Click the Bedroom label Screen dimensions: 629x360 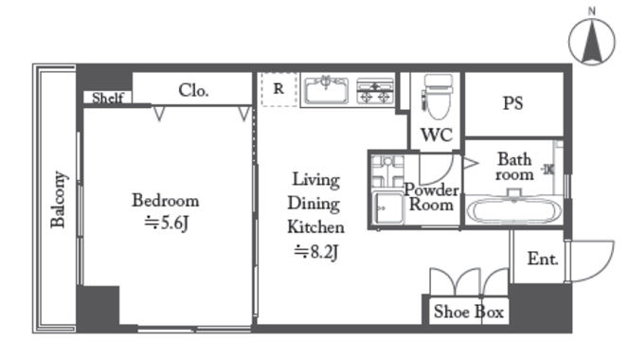tap(165, 200)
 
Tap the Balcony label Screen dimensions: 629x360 tap(58, 200)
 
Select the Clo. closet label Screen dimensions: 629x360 tap(193, 90)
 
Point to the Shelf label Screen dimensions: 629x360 tap(107, 98)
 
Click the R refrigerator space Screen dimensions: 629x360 tap(279, 89)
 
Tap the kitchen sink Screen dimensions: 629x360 tap(326, 90)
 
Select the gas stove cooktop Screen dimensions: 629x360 tap(375, 91)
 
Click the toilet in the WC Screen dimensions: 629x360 tap(437, 97)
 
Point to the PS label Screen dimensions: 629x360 tap(513, 103)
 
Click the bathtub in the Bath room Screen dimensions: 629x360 tap(514, 210)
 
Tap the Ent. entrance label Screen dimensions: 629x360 tap(543, 259)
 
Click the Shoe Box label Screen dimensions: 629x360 tap(469, 312)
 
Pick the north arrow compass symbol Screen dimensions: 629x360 tap(592, 42)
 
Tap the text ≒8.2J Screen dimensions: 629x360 tap(316, 252)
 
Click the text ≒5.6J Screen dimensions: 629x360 tap(166, 223)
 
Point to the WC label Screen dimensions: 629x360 tap(437, 135)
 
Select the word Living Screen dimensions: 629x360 tap(316, 179)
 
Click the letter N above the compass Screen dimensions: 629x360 tap(592, 11)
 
